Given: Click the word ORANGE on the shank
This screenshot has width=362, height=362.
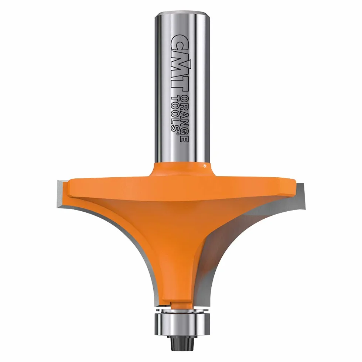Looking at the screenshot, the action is click(185, 119).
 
